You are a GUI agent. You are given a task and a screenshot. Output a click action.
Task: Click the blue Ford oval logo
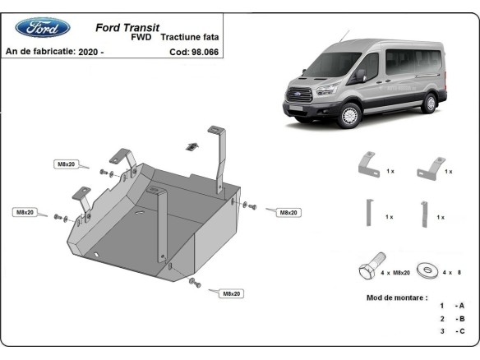[43, 27]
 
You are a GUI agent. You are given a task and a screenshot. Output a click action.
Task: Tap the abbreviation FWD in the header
[141, 37]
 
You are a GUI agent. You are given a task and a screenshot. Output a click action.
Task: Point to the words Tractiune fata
[190, 37]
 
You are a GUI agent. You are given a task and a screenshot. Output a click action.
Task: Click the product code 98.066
[203, 51]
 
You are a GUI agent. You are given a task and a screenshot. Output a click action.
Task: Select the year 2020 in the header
[90, 51]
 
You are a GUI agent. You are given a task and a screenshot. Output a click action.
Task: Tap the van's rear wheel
[428, 103]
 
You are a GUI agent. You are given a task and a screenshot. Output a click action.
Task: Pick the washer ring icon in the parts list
[426, 270]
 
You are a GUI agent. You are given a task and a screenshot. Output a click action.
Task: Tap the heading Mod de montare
[395, 297]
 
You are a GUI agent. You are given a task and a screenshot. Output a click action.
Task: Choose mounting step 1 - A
[451, 306]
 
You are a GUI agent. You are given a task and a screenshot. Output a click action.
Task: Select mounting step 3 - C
[451, 331]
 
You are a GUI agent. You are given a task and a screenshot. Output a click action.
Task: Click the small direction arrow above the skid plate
[192, 145]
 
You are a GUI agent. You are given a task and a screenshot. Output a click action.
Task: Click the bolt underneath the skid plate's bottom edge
[193, 283]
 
